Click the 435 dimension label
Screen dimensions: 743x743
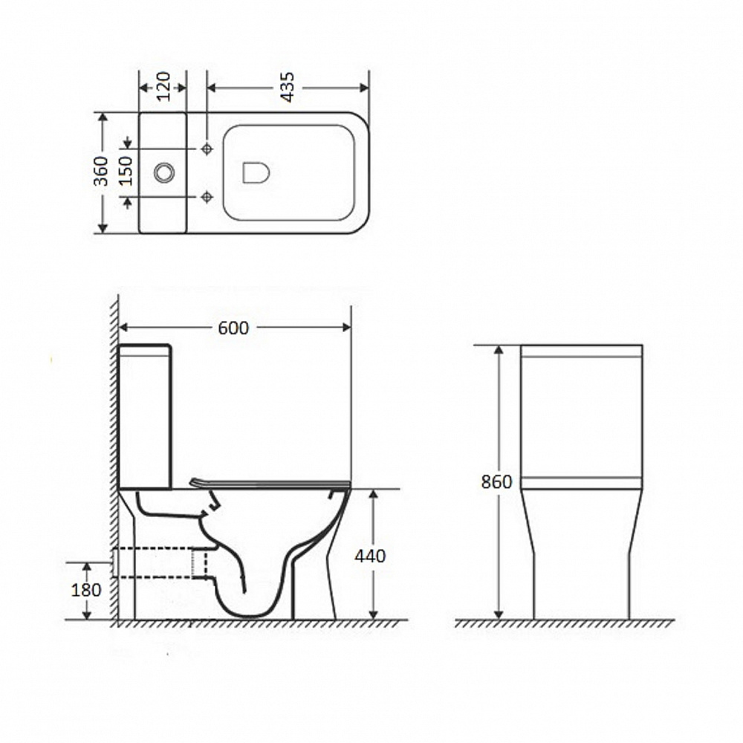coord(287,87)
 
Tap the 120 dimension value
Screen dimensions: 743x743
coord(163,86)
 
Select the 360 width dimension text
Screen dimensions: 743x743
coord(101,171)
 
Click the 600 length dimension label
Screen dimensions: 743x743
coord(233,328)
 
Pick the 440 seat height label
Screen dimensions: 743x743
coord(370,555)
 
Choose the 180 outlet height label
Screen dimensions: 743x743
coord(86,590)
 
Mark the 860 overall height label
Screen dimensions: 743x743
coord(496,482)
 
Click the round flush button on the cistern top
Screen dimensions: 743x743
coord(164,172)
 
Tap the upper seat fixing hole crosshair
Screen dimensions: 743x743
coord(207,149)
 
